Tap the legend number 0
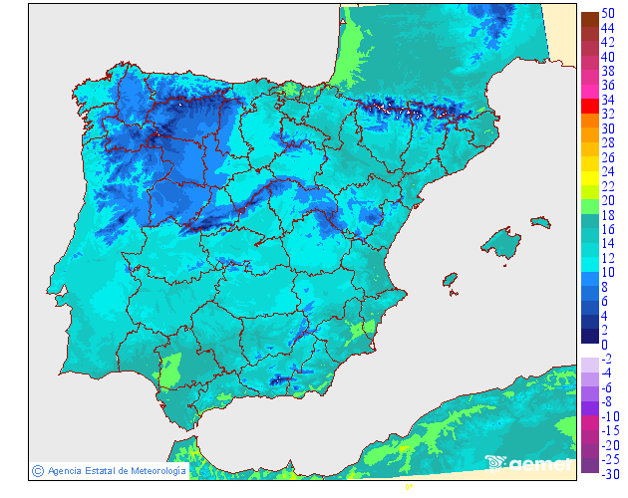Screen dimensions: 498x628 pyautogui.click(x=604, y=345)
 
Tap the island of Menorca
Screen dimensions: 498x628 pyautogui.click(x=542, y=225)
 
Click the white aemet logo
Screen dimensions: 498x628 pyautogui.click(x=528, y=463)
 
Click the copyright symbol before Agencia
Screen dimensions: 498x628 pyautogui.click(x=37, y=470)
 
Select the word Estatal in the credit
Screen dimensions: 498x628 pyautogui.click(x=93, y=470)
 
